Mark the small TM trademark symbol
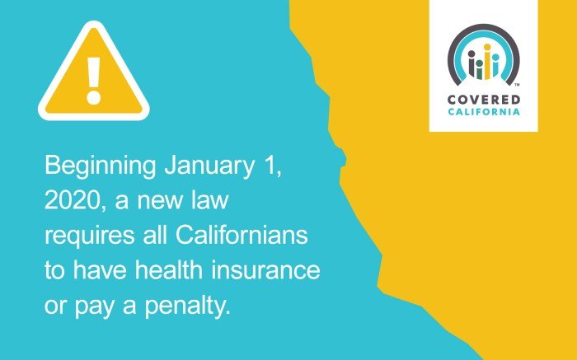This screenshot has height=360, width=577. (x=516, y=85)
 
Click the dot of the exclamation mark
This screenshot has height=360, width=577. (x=93, y=96)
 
